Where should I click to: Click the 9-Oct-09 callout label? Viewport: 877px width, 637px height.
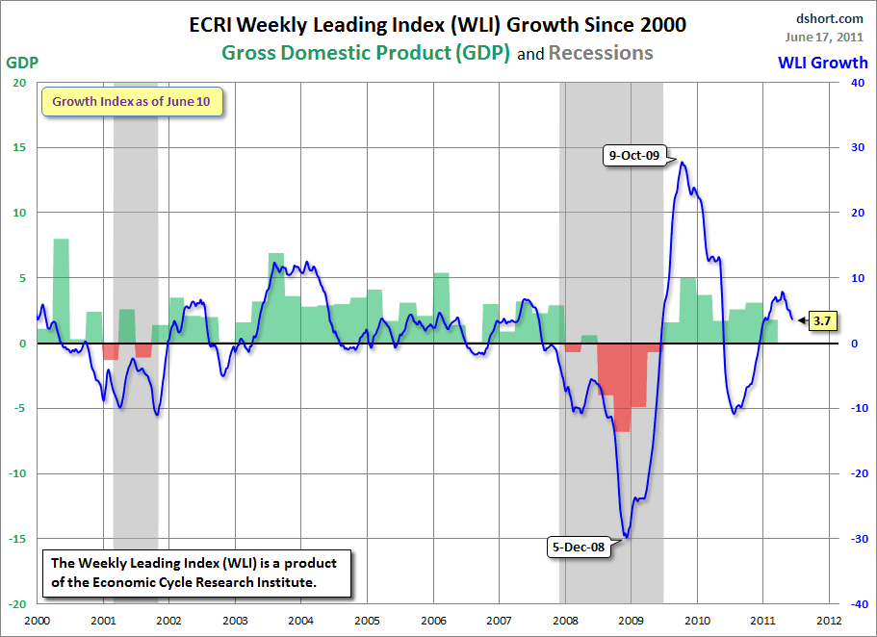[x=633, y=155]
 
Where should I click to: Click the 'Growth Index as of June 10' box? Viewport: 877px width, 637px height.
[x=131, y=101]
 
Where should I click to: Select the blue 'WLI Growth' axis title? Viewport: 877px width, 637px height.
[x=822, y=64]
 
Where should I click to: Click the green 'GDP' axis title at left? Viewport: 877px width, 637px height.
[x=22, y=63]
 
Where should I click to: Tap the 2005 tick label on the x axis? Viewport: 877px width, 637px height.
[x=367, y=620]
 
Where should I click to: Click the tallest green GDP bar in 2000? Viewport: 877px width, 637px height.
[x=61, y=289]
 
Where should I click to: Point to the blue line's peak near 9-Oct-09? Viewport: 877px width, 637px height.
[x=683, y=162]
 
